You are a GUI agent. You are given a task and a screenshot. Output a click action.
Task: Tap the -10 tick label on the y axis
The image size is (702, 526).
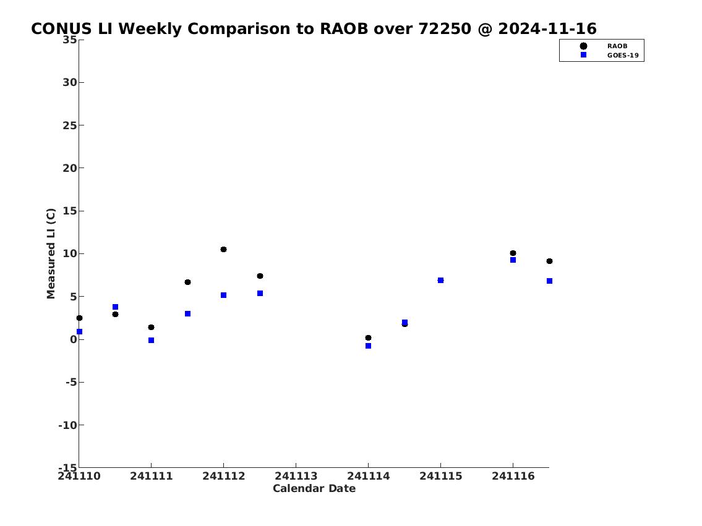pyautogui.click(x=67, y=425)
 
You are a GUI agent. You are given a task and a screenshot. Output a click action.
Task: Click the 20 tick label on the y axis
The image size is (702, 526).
pyautogui.click(x=70, y=168)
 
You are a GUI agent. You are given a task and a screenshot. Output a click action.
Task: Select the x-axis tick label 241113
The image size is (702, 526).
pyautogui.click(x=296, y=476)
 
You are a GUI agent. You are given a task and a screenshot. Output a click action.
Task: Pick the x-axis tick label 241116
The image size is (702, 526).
pyautogui.click(x=513, y=476)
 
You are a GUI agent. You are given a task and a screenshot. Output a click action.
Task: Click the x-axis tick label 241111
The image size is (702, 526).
pyautogui.click(x=152, y=476)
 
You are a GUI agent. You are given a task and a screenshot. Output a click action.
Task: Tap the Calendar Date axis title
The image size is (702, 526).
pyautogui.click(x=314, y=488)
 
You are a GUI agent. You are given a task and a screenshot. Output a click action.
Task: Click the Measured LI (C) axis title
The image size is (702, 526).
pyautogui.click(x=51, y=253)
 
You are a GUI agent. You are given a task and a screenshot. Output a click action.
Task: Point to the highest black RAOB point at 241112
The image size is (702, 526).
pyautogui.click(x=223, y=249)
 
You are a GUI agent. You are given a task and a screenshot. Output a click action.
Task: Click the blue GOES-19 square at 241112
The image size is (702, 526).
pyautogui.click(x=223, y=295)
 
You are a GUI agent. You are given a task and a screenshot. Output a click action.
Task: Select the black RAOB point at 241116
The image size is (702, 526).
pyautogui.click(x=513, y=253)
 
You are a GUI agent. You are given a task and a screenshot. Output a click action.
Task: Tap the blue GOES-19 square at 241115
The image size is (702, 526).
pyautogui.click(x=440, y=281)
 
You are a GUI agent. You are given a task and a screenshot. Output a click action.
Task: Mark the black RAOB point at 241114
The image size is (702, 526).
pyautogui.click(x=368, y=337)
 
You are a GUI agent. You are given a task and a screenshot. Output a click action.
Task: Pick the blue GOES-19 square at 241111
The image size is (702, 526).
pyautogui.click(x=152, y=341)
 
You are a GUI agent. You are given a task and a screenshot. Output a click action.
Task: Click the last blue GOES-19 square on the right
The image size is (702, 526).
pyautogui.click(x=549, y=281)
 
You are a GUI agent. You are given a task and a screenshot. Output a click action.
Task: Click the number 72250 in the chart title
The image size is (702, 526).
pyautogui.click(x=445, y=28)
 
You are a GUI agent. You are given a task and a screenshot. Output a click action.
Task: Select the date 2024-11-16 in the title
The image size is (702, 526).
pyautogui.click(x=547, y=28)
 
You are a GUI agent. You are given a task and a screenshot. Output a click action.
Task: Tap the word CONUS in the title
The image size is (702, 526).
pyautogui.click(x=61, y=28)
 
